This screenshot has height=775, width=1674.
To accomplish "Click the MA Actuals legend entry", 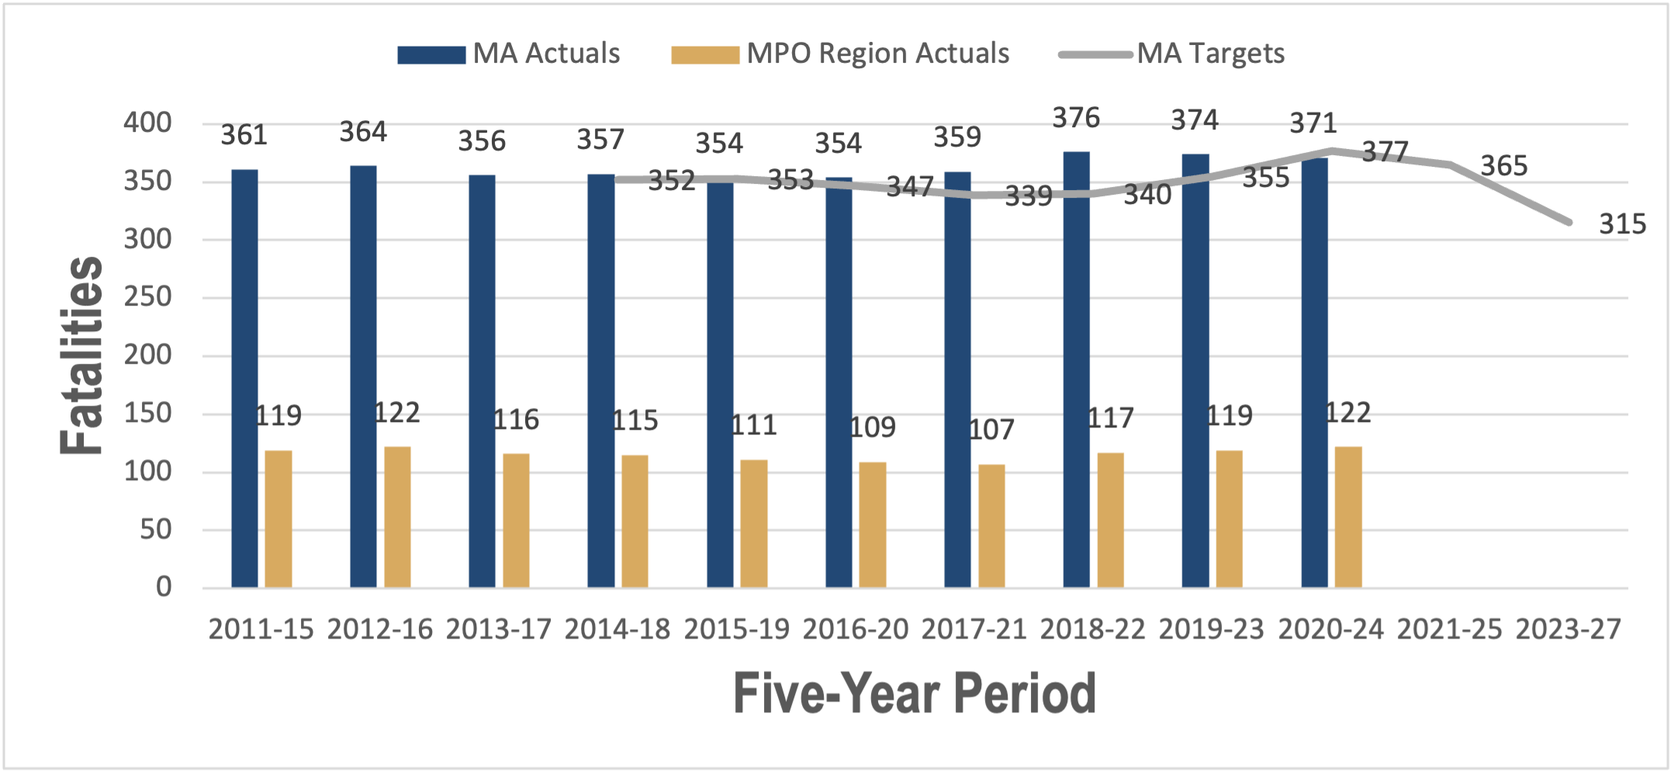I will (509, 54).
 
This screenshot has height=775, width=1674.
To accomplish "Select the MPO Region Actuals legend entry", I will (841, 54).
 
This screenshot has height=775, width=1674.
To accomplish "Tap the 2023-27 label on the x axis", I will (1568, 629).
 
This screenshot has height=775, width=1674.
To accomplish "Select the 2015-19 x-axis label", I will (736, 629).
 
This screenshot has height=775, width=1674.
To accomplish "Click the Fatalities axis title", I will (82, 355).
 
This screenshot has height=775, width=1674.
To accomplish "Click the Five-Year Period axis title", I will (914, 694).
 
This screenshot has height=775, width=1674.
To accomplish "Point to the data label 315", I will (1622, 224).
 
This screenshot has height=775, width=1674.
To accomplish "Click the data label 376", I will (1076, 118).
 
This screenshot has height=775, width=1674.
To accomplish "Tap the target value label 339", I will (1029, 196).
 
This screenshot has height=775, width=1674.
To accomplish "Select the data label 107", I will (991, 430).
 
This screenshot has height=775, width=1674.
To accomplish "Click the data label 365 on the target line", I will (1503, 166).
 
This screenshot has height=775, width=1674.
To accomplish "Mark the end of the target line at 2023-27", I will (1569, 223).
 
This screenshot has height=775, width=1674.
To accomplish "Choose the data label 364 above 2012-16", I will (363, 132).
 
